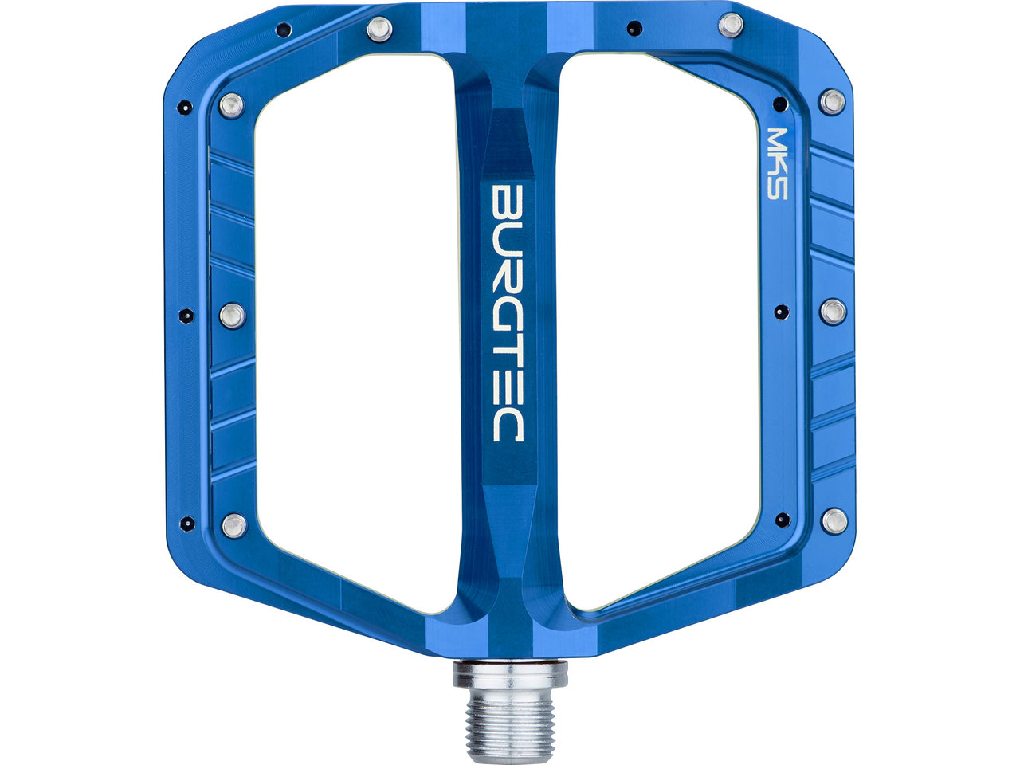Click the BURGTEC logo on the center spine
(508, 313)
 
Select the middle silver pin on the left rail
(231, 316)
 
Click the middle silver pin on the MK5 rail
(834, 312)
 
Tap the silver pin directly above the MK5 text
(832, 102)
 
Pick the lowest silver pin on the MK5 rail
(834, 520)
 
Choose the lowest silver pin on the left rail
(234, 526)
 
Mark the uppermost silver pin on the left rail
(231, 105)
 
